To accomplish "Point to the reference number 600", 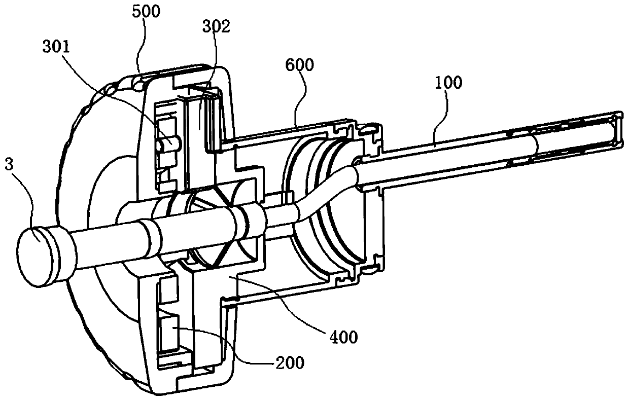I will click(300, 64).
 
